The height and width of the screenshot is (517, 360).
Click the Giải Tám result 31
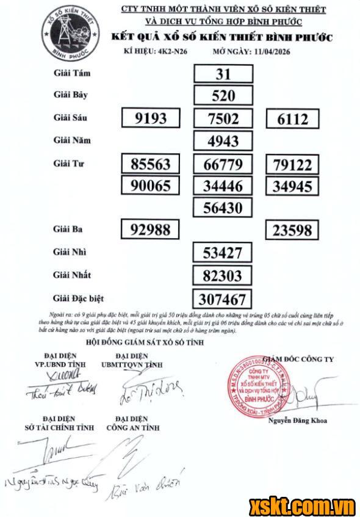(223, 74)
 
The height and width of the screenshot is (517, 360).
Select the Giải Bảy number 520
(223, 96)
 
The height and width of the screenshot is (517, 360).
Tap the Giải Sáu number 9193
(153, 118)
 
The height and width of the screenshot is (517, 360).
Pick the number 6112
(293, 118)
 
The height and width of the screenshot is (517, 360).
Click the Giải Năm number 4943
(223, 141)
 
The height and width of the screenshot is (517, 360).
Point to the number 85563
(154, 164)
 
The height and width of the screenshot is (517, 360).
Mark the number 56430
(223, 208)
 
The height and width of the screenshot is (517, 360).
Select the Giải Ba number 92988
(154, 230)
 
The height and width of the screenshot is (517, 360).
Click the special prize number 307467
(223, 298)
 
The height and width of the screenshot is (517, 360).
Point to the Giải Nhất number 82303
(223, 275)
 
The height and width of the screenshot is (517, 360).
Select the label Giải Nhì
(71, 251)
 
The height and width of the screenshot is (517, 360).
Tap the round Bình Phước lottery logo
(66, 37)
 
